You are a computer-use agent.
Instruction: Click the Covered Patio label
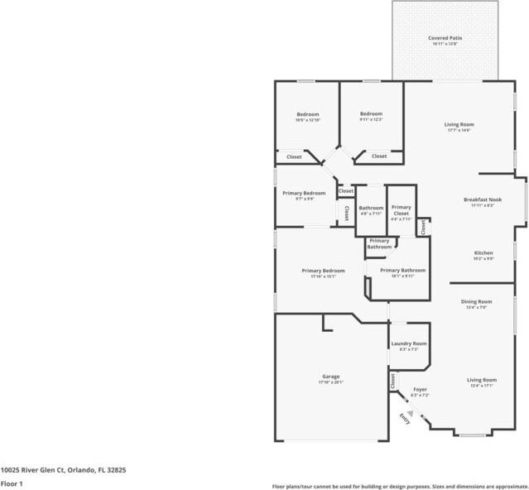[445, 38]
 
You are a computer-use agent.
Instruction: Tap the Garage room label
[330, 376]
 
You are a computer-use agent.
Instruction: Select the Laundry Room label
[408, 343]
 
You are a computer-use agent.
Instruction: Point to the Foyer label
[421, 388]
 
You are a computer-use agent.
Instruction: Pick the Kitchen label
[483, 252]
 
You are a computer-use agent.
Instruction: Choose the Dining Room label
[476, 301]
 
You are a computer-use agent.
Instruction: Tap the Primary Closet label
[402, 210]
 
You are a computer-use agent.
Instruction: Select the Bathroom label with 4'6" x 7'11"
[371, 208]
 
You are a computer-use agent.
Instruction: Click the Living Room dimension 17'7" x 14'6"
[458, 131]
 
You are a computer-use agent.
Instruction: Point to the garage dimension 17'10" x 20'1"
[330, 382]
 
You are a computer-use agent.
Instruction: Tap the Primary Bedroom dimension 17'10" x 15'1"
[323, 276]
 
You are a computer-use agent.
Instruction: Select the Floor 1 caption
[12, 483]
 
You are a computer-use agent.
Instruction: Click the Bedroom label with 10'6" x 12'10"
[308, 114]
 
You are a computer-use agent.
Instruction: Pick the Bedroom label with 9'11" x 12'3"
[371, 113]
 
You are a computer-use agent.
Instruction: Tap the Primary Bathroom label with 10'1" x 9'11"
[403, 271]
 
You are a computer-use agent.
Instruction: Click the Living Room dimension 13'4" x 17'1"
[482, 386]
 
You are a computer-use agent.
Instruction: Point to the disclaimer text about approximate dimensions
[400, 486]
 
